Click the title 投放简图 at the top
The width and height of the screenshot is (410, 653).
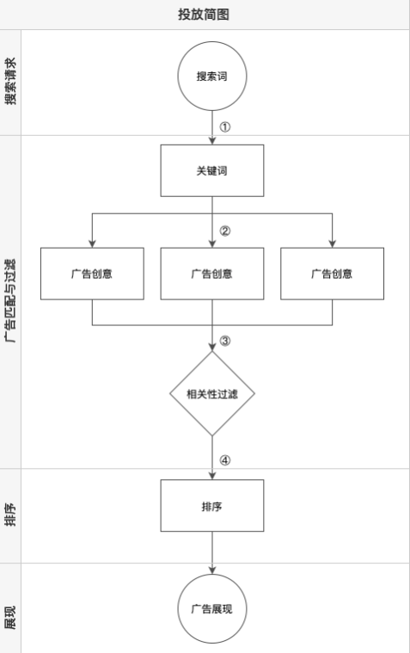pos(205,14)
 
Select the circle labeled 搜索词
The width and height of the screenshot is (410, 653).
pos(211,76)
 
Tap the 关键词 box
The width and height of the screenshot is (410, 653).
pos(211,170)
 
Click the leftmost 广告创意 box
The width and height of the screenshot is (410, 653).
pos(92,274)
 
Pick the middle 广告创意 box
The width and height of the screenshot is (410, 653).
pos(211,274)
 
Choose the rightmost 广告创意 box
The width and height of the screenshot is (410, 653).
pos(332,274)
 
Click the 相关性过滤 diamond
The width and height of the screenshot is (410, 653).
pos(211,394)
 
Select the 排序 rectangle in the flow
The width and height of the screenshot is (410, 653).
pos(211,506)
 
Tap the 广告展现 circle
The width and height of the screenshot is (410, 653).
pos(211,608)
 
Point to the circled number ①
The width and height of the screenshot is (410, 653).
pos(225,126)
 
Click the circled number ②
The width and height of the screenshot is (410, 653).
pos(225,231)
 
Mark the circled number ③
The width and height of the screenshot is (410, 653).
pos(225,340)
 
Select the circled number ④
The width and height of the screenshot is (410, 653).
pos(225,459)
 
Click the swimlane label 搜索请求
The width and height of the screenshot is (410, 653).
pos(10,83)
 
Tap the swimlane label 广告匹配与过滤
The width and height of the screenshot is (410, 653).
pos(10,301)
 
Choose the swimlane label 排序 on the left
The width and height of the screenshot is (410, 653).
pos(10,515)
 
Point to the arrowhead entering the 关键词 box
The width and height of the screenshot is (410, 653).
pos(211,140)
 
